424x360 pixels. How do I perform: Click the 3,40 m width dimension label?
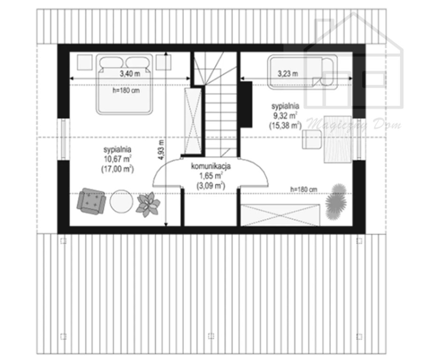pos(130,74)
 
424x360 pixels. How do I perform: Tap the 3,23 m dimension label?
pos(288,74)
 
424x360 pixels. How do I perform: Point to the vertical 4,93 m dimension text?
pos(161,150)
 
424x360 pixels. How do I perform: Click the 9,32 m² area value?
pos(285,116)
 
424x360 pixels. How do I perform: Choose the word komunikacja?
pos(211,166)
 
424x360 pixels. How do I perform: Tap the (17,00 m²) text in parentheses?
pos(118,169)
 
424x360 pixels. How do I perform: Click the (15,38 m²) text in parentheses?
pos(285,126)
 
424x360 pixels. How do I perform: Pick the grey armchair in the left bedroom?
pos(91,201)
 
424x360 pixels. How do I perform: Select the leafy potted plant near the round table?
pos(148,204)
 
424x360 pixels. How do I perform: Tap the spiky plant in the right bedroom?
pos(336,202)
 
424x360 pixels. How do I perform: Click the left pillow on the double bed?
pos(111,62)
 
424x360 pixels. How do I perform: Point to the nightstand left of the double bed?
pos(84,62)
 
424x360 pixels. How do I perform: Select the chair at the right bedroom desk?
pos(312,139)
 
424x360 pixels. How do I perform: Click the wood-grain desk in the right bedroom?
pos(338,140)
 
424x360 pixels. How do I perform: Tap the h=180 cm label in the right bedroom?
pos(304,189)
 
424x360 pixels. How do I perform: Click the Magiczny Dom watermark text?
pos(354,125)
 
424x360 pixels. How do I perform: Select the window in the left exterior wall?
pos(64,139)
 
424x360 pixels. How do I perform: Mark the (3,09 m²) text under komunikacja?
pos(211,186)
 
